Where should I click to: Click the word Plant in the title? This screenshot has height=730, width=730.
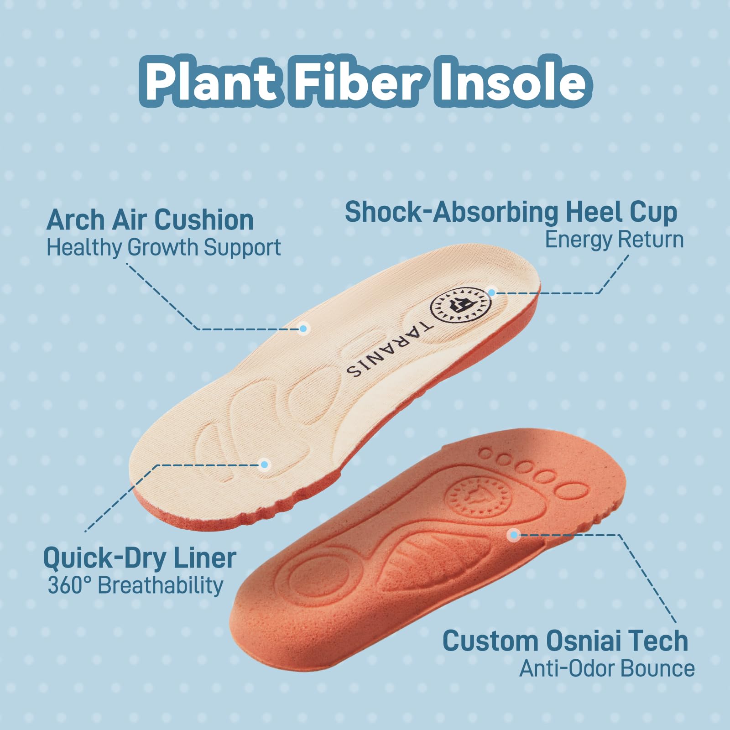211,82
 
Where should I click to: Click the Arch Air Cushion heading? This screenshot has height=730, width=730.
150,220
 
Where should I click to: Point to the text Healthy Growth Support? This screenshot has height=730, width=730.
164,248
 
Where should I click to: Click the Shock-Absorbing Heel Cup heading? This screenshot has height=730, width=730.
511,212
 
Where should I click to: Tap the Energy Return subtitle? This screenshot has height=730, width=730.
615,240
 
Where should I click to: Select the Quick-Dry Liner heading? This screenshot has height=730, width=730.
140,558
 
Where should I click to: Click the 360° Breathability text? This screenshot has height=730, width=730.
136,585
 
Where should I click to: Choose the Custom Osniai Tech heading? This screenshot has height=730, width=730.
565,641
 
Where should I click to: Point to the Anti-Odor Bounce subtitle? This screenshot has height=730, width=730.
607,669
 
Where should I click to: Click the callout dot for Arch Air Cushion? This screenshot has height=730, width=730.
303,328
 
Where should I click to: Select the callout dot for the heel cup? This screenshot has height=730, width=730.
492,292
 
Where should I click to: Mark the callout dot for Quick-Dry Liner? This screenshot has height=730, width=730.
264,465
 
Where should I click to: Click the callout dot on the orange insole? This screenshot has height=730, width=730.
514,535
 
